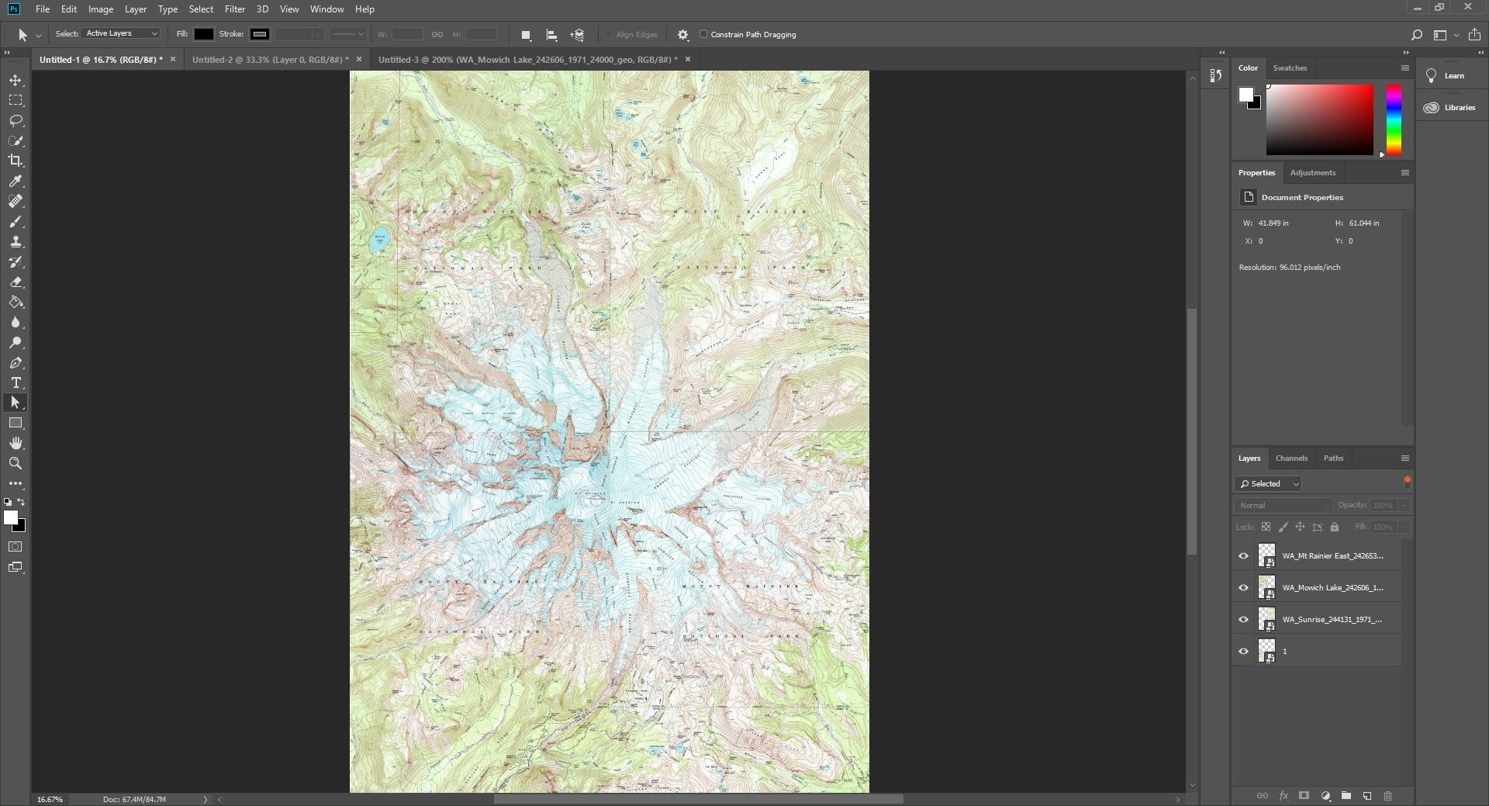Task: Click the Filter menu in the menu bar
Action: pos(234,9)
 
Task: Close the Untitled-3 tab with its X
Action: pos(687,60)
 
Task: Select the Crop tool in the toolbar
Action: pos(16,161)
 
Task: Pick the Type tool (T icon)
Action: pos(16,383)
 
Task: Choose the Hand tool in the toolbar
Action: pos(16,443)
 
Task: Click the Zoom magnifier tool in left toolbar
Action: pos(16,463)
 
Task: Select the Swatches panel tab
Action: pos(1290,68)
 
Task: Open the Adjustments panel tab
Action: pos(1312,173)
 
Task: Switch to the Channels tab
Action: pos(1291,458)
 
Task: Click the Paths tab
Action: pos(1333,458)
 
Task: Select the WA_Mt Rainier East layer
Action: pos(1332,556)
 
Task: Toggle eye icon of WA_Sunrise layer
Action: pos(1244,620)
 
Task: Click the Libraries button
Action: pos(1451,108)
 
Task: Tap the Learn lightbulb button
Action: pos(1445,76)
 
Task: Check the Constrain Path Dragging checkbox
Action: pos(704,34)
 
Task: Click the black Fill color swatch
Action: pos(203,34)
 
